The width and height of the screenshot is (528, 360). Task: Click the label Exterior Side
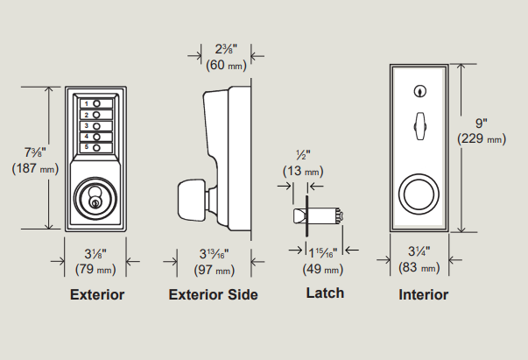tap(213, 295)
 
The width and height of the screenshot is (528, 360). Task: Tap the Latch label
tap(324, 293)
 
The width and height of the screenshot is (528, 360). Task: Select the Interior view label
tap(423, 295)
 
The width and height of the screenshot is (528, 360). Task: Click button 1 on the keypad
tap(96, 104)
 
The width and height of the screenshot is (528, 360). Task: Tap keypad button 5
tap(96, 146)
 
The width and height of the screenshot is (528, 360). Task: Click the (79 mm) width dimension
tap(95, 268)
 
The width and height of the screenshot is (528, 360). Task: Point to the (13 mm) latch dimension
tap(302, 171)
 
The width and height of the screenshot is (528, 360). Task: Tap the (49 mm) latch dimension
tap(323, 268)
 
